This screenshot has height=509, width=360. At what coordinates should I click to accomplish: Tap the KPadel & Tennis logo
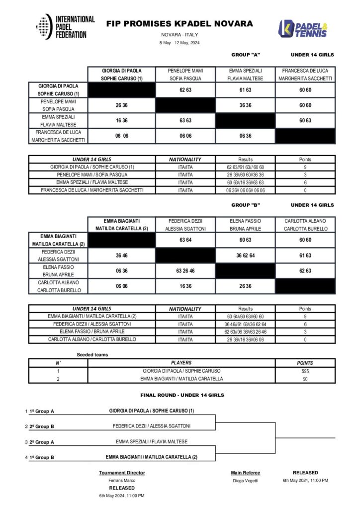(x=302, y=28)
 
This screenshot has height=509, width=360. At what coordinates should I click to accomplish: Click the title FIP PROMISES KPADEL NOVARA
(x=180, y=23)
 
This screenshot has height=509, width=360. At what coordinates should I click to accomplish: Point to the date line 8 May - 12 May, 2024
(x=180, y=43)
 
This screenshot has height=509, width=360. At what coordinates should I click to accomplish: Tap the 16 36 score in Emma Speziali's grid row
(x=122, y=121)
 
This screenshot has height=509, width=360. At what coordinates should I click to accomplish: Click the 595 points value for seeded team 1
(x=305, y=371)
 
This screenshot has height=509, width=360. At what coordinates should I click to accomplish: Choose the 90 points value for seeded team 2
(x=305, y=379)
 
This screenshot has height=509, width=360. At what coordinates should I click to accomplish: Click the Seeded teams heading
(x=92, y=354)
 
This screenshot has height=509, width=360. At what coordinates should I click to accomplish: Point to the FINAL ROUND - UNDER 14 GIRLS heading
(x=182, y=395)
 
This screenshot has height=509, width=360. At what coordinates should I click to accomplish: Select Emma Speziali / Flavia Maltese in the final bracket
(x=152, y=441)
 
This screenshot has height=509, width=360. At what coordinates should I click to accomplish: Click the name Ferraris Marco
(x=122, y=481)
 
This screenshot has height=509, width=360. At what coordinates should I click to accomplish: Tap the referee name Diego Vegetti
(x=246, y=481)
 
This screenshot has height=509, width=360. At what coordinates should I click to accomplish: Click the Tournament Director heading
(x=122, y=473)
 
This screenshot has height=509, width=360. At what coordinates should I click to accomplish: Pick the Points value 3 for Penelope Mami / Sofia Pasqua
(x=305, y=174)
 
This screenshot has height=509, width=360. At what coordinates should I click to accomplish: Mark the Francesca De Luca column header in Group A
(x=305, y=75)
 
